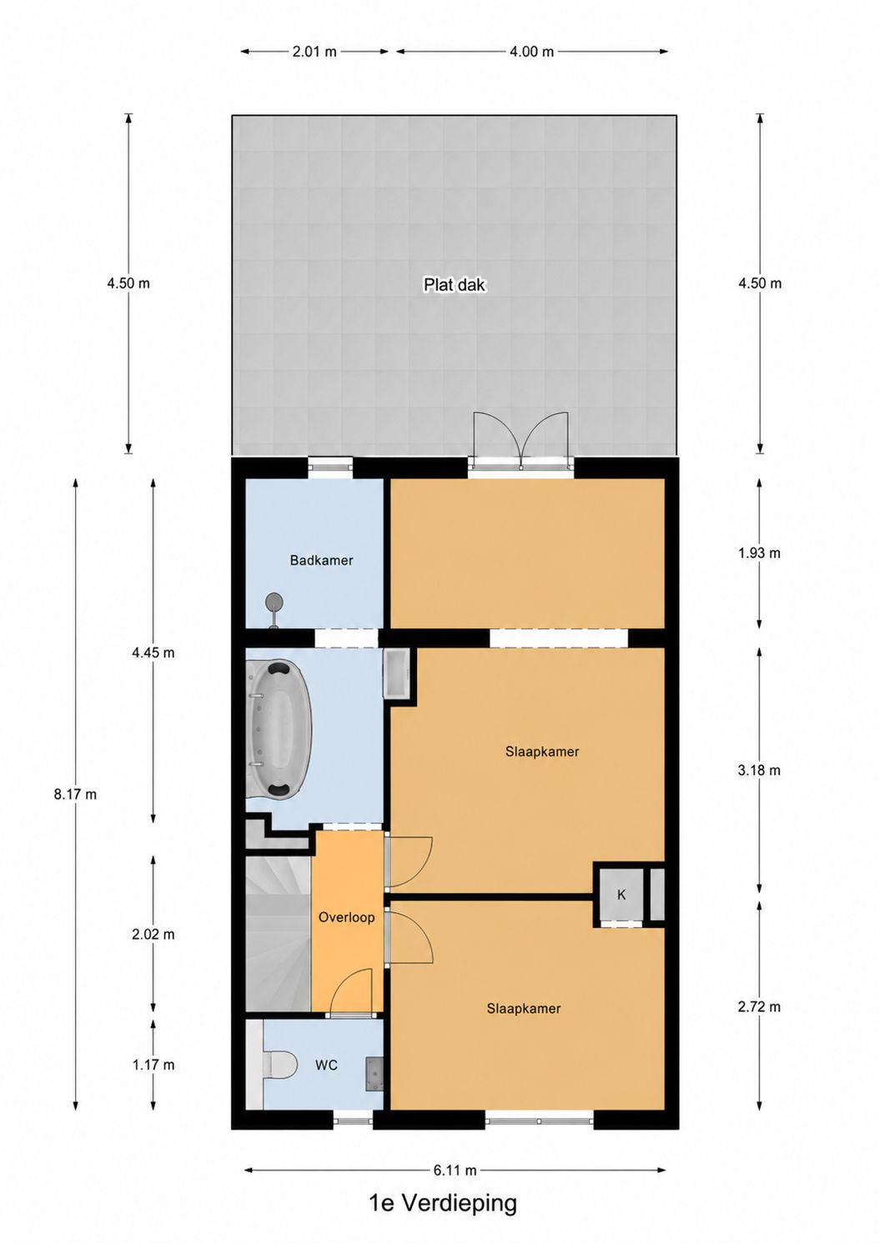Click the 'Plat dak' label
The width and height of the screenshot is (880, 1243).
(x=454, y=284)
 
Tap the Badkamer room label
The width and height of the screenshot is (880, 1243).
(x=321, y=560)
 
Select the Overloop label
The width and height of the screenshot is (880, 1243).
(x=346, y=917)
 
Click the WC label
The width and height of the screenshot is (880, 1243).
(x=326, y=1065)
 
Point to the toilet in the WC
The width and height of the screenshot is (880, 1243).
(x=280, y=1065)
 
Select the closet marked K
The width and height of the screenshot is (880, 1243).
(x=621, y=894)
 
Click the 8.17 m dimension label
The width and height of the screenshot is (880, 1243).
(x=75, y=794)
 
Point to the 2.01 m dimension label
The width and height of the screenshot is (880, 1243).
(x=314, y=52)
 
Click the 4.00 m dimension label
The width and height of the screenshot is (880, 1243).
(x=531, y=52)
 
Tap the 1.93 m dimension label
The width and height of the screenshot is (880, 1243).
(x=759, y=553)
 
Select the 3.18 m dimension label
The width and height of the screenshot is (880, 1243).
(x=759, y=770)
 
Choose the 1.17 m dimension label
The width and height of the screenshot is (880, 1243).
(x=153, y=1065)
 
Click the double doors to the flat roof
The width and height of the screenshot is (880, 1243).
(x=520, y=442)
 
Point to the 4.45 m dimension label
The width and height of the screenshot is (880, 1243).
(x=153, y=653)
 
